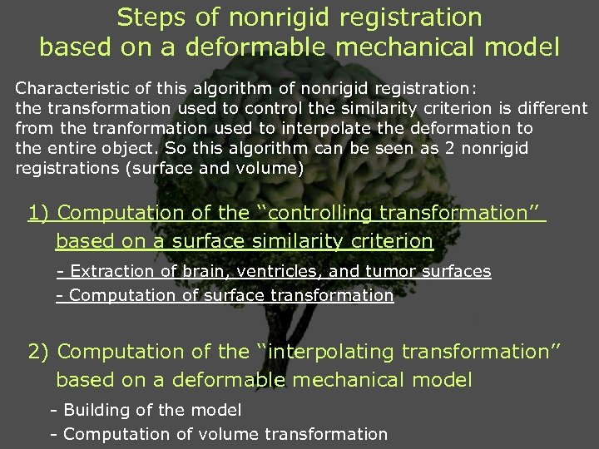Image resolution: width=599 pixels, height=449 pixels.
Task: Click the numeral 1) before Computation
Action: click(x=38, y=213)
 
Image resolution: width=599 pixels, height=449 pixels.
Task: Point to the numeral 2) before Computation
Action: click(x=38, y=352)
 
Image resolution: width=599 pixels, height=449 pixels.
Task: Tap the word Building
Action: click(x=94, y=410)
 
